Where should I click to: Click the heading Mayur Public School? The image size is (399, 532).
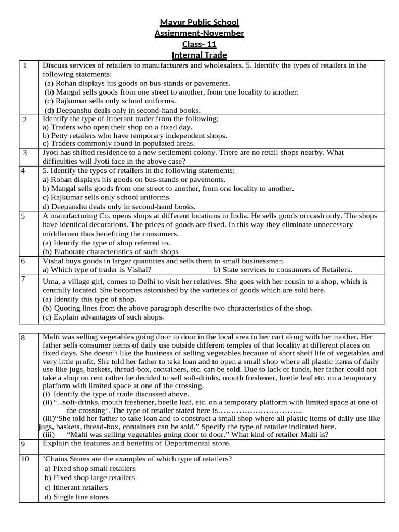[x=199, y=22]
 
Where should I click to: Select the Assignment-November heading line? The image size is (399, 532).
[x=199, y=33]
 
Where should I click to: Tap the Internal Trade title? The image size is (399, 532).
[x=199, y=55]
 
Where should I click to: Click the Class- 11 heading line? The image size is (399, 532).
[x=199, y=44]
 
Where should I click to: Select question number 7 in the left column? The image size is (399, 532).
[x=24, y=280]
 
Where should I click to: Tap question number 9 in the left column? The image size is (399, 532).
[x=23, y=444]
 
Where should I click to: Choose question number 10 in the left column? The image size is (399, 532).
[x=25, y=460]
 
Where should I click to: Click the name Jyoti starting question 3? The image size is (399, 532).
[x=51, y=153]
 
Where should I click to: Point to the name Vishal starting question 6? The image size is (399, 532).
[x=52, y=261]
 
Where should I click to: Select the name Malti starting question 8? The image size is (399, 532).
[x=52, y=337]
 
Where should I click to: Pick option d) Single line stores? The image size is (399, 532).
[x=77, y=497]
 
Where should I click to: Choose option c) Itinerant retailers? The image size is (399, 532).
[x=76, y=487]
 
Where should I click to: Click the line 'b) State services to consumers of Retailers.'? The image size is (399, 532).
[x=283, y=270]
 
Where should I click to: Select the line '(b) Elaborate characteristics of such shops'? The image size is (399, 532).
[x=110, y=251]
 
